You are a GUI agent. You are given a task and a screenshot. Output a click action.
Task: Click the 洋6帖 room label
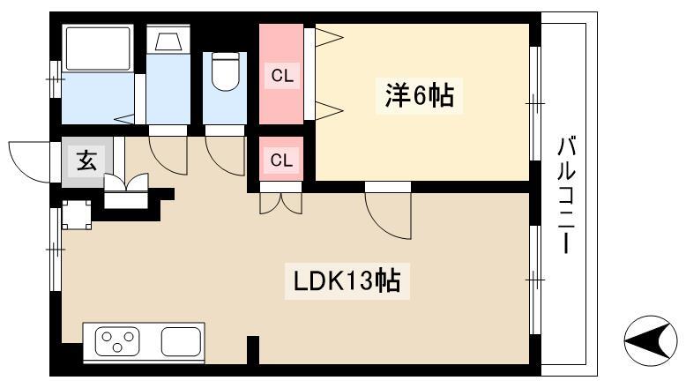coord(419,95)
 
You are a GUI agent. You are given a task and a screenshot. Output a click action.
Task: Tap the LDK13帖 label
coord(347,281)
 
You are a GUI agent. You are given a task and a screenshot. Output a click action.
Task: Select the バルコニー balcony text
coord(566,195)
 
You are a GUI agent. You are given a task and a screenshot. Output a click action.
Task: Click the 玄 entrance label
coord(86,160)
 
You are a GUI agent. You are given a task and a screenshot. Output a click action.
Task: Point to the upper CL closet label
coord(282,76)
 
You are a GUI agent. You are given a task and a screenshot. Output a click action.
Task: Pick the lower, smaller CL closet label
coord(281,160)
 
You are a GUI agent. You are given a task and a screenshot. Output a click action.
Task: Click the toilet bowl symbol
coord(226,71)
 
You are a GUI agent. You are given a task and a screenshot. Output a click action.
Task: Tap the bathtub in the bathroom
coord(98,48)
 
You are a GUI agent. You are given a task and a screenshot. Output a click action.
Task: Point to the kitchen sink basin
coord(181,341)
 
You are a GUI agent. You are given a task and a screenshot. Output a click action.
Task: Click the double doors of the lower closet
coord(281,204)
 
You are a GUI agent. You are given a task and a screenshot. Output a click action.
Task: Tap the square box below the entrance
coord(77,215)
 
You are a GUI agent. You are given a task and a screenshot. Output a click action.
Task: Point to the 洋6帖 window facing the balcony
coord(535,104)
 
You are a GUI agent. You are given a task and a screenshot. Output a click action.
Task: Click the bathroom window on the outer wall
coord(56,79)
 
